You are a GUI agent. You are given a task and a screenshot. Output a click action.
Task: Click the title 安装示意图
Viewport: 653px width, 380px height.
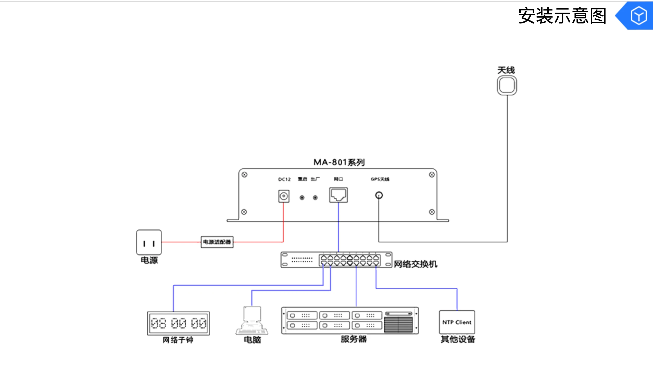click(562, 16)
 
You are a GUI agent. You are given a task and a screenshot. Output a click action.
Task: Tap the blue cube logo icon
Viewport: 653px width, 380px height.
click(638, 16)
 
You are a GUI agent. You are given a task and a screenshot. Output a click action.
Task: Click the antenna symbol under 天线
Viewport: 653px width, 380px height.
click(507, 85)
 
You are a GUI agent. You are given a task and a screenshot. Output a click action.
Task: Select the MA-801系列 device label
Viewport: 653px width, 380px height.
click(339, 162)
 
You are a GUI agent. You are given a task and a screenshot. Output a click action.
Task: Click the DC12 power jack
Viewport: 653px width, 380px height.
click(284, 196)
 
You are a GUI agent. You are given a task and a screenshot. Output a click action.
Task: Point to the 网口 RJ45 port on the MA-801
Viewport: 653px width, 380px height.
click(338, 195)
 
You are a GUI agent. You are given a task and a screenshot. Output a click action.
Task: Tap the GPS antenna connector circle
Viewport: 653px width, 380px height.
click(379, 195)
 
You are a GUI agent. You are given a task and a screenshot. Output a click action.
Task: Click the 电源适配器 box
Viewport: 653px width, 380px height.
click(217, 242)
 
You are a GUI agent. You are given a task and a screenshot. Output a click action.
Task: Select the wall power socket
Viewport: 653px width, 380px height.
click(149, 242)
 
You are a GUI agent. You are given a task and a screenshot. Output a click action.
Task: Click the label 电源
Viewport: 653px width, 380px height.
click(149, 260)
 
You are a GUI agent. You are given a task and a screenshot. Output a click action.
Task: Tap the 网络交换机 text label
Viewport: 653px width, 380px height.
click(415, 264)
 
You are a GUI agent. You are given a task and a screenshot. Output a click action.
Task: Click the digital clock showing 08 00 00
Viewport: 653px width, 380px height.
click(178, 323)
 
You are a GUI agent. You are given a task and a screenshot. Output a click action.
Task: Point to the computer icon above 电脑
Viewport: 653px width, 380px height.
click(252, 321)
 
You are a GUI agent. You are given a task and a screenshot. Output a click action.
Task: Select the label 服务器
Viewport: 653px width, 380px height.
click(354, 339)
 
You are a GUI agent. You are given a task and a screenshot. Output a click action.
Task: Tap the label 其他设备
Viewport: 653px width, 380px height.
click(458, 339)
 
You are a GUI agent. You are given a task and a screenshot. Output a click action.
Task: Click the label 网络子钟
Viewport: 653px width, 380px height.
click(178, 340)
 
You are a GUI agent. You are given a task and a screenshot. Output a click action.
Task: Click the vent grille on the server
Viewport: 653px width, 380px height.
click(398, 325)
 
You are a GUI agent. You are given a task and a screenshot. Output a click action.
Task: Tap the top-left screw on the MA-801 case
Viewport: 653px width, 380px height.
click(244, 175)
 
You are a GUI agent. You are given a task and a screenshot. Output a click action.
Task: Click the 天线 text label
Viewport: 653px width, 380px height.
click(506, 70)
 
